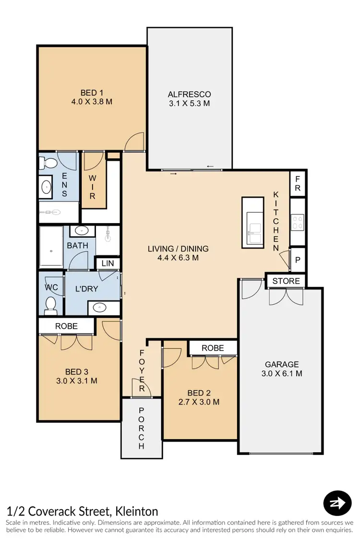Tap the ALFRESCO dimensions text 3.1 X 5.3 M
pos(189,103)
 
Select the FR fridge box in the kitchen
pos(298,188)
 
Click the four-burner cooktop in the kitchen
pos(298,221)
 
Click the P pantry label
pos(298,260)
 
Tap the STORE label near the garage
pos(286,281)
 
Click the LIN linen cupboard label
pos(107,263)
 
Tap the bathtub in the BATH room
pos(51,247)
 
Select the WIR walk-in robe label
pos(93,186)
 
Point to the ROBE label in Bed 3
pos(67,325)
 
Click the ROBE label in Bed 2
pos(213,348)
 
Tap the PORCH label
pos(141,428)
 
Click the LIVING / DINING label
pos(178,249)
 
